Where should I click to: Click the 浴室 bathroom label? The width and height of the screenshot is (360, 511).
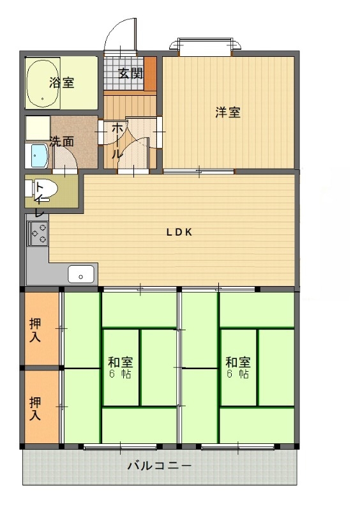pyautogui.click(x=62, y=82)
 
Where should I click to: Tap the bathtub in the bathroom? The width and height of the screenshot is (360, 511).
pyautogui.click(x=43, y=83)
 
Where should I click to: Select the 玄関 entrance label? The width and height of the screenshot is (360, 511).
pyautogui.click(x=130, y=72)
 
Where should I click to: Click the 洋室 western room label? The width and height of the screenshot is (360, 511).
pyautogui.click(x=227, y=112)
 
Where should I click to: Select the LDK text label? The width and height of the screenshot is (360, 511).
pyautogui.click(x=179, y=233)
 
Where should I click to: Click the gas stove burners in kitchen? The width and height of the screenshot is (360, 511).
pyautogui.click(x=37, y=234)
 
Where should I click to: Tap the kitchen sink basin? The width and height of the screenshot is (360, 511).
pyautogui.click(x=81, y=275)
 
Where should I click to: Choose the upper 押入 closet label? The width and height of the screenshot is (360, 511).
pyautogui.click(x=35, y=330)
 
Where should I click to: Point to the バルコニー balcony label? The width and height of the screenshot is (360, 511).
pyautogui.click(x=159, y=466)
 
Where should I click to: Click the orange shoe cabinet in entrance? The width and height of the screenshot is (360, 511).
pyautogui.click(x=150, y=73)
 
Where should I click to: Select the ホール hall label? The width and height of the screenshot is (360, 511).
pyautogui.click(x=117, y=141)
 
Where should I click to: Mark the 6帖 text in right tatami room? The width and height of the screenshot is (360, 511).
pyautogui.click(x=237, y=374)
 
